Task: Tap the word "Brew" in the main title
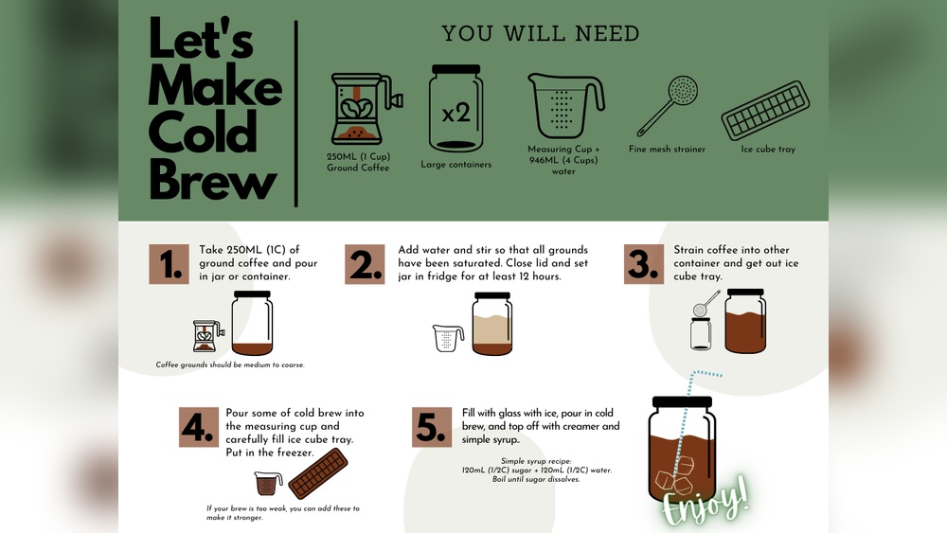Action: [x=213, y=178]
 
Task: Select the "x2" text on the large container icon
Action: [x=456, y=113]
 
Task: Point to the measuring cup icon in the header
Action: [x=565, y=106]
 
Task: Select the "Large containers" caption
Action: [x=456, y=165]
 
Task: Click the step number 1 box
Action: [x=170, y=264]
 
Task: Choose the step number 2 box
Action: [x=366, y=264]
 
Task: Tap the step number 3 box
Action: [x=644, y=264]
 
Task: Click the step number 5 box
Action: [x=432, y=427]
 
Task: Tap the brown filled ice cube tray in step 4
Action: [x=317, y=474]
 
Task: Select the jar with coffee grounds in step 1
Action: [x=252, y=324]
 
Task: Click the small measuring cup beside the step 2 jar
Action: [x=448, y=338]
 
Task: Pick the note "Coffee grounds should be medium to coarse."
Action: [x=230, y=364]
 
